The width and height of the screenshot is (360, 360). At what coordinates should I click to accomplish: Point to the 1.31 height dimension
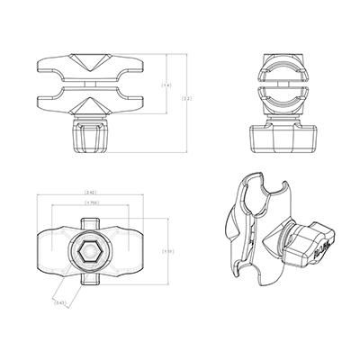click(168, 251)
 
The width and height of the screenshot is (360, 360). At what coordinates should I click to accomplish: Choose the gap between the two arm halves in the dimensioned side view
click(90, 89)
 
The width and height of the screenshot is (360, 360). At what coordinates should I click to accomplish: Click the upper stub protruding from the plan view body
click(89, 219)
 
